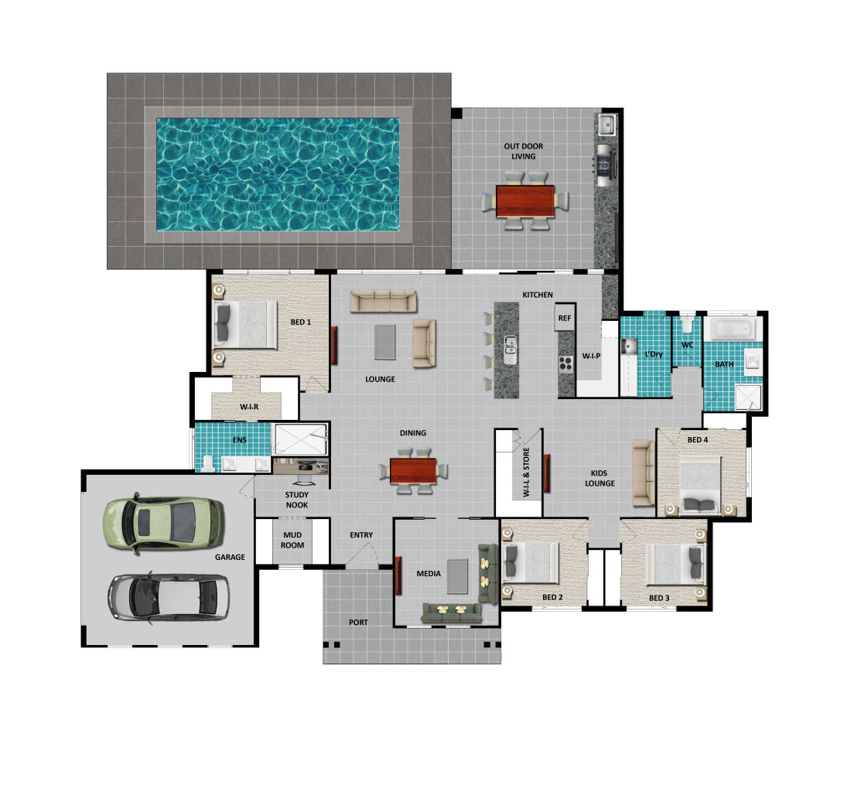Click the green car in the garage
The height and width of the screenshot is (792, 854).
(x=163, y=523)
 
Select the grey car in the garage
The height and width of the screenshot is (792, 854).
(x=169, y=598)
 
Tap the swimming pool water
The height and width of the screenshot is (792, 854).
(x=278, y=174)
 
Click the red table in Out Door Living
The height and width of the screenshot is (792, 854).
(x=525, y=201)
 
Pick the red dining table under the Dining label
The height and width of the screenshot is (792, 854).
(x=413, y=471)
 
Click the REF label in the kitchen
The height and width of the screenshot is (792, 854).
(x=565, y=318)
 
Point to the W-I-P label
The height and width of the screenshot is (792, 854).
(x=591, y=357)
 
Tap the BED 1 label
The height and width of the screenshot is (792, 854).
(x=301, y=322)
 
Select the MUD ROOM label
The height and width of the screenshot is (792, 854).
(x=292, y=540)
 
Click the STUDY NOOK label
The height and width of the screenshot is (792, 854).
(x=297, y=500)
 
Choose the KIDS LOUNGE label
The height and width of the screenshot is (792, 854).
(x=600, y=478)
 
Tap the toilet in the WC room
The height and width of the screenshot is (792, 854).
(x=687, y=324)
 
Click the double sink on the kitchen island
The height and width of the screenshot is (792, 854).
(x=511, y=350)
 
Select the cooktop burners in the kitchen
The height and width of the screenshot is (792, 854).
(x=566, y=364)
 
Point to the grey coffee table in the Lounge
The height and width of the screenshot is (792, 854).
(x=385, y=342)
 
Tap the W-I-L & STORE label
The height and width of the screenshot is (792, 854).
(x=526, y=473)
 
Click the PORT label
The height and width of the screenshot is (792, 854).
(x=358, y=622)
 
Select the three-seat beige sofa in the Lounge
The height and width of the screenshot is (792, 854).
(x=384, y=301)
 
